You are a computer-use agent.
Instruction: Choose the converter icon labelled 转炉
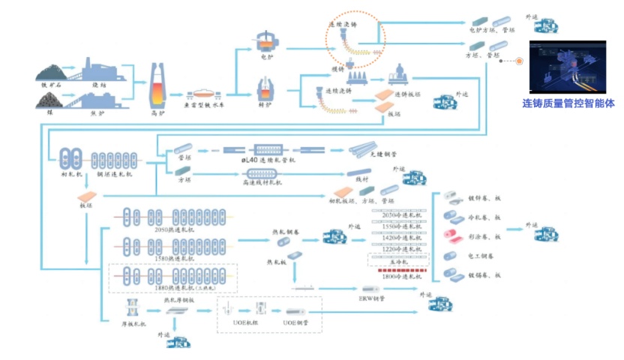(x=265, y=91)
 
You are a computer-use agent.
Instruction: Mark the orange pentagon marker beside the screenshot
(x=518, y=62)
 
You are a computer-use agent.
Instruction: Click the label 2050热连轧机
(x=169, y=228)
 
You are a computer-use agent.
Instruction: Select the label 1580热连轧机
(x=169, y=258)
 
